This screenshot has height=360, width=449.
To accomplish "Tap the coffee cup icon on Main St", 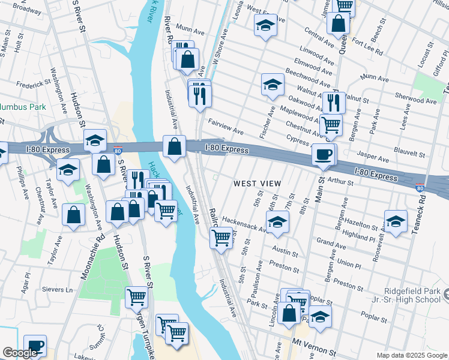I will point(324,155).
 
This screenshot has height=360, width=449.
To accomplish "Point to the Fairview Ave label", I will point(225,127).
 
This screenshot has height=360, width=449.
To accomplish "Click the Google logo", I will point(20,353).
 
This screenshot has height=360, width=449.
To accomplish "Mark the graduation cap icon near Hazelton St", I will point(396,221).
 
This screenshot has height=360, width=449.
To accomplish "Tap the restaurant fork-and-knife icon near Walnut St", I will point(334,103).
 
